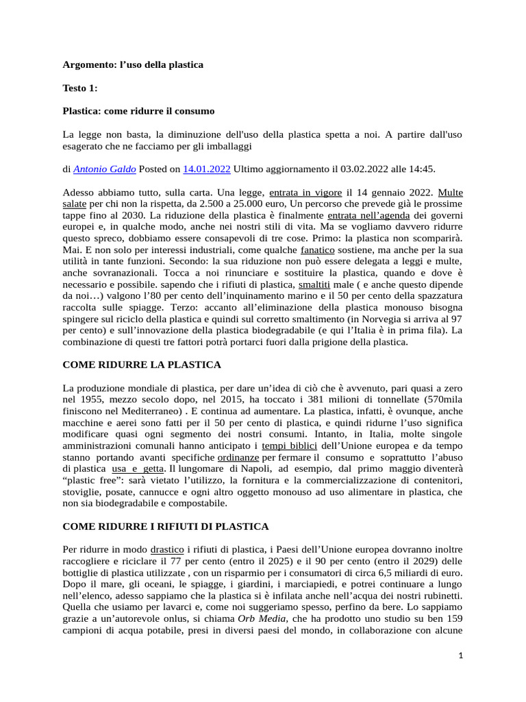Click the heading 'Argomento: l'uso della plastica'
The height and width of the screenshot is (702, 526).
(x=133, y=64)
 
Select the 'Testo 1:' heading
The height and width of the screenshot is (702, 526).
(x=80, y=88)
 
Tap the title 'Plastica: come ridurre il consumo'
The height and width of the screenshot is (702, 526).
(x=138, y=110)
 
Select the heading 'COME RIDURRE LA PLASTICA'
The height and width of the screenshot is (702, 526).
(x=142, y=365)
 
